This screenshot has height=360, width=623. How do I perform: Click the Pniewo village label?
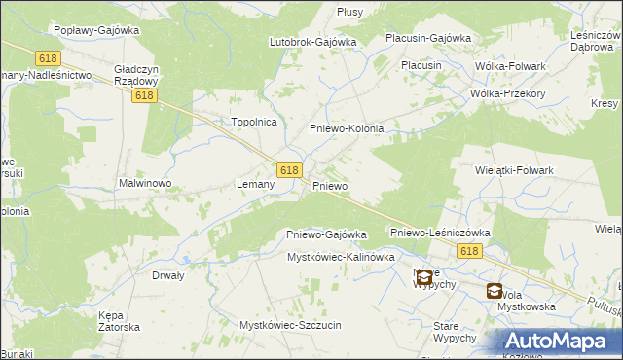pyautogui.click(x=330, y=185)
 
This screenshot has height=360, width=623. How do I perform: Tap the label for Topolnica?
pyautogui.click(x=254, y=122)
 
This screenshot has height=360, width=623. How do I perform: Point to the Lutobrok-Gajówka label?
pyautogui.click(x=312, y=43)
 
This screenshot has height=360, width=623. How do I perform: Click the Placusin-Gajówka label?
pyautogui.click(x=427, y=38)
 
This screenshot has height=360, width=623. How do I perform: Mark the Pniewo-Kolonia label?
pyautogui.click(x=347, y=128)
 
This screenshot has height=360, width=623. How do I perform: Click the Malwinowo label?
pyautogui.click(x=145, y=183)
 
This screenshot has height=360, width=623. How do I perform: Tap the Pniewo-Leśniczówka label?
pyautogui.click(x=439, y=234)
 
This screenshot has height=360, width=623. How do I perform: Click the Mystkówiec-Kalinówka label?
pyautogui.click(x=340, y=257)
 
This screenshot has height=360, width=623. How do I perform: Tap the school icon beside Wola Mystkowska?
pyautogui.click(x=495, y=291)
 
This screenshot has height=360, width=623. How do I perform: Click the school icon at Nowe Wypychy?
pyautogui.click(x=423, y=277)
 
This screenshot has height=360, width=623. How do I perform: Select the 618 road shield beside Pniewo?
pyautogui.click(x=288, y=169)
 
